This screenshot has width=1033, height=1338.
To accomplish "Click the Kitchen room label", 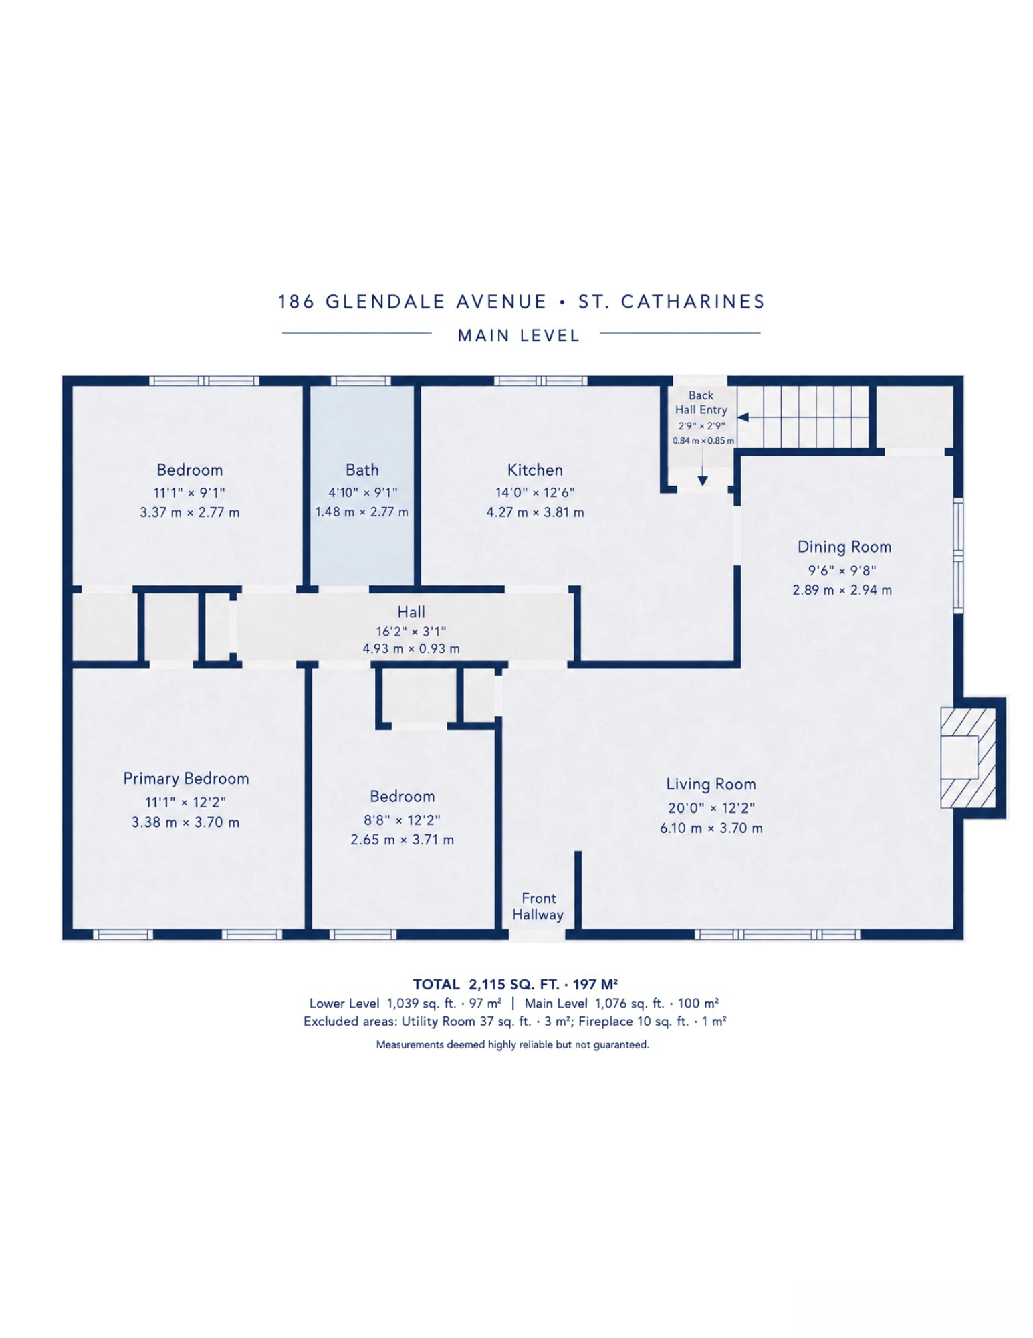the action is tap(534, 470).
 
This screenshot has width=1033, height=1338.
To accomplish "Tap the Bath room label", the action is tap(362, 470).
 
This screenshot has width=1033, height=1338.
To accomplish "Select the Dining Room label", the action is tap(844, 547).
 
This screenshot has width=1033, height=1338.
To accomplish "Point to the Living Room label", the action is tap(711, 784).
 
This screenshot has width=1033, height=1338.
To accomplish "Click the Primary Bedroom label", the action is tap(186, 779).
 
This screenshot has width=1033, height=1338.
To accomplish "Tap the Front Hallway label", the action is tap(538, 906).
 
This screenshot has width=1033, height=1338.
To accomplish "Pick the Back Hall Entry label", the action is tap(701, 403).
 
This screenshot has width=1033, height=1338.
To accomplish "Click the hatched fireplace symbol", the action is tap(967, 757).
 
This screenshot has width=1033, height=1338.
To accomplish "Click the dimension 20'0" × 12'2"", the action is tap(711, 807).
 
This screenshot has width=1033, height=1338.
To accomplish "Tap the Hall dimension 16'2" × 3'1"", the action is tap(411, 631).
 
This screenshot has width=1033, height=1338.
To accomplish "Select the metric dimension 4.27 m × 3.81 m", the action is tap(535, 512).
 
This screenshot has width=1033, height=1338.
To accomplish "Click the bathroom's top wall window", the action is tap(360, 381).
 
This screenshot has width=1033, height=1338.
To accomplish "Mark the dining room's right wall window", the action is tap(958, 555).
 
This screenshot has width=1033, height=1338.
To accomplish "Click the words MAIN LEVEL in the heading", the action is tap(519, 336).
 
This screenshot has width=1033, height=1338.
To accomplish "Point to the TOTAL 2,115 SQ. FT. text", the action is tap(515, 984).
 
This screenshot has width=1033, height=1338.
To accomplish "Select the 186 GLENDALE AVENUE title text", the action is tap(413, 302).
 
